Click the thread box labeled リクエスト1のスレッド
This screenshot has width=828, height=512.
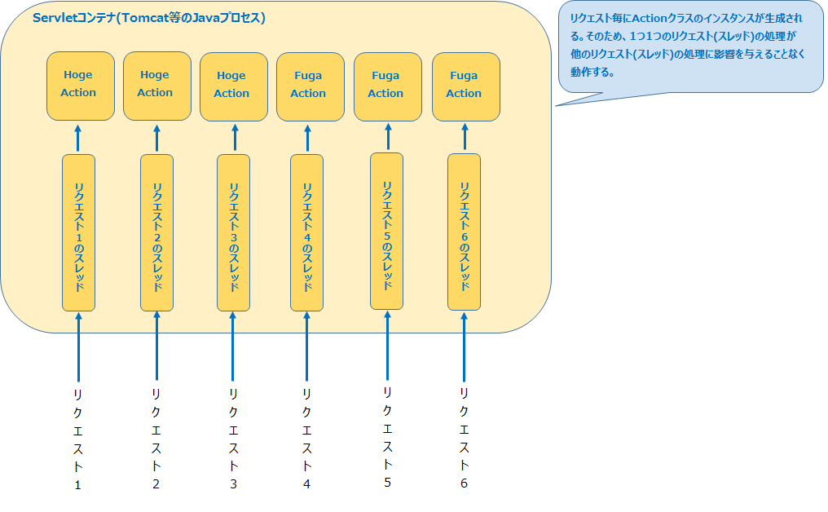pos(79,232)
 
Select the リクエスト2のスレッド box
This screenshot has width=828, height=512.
pos(156,232)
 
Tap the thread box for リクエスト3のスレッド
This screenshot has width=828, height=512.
pos(233,232)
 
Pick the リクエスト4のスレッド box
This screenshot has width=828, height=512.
pos(307,232)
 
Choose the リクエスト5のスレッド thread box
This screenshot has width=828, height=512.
pos(387,231)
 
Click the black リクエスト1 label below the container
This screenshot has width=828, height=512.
pos(78,439)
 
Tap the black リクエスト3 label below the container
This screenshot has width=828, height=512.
pos(233,439)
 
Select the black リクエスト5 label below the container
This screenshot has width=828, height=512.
pos(387,436)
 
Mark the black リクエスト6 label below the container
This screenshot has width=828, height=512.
pos(464,438)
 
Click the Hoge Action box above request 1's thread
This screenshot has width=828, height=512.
pos(80,85)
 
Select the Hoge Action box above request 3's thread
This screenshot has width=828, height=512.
pos(233,86)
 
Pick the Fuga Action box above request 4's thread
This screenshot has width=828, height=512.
pos(308,86)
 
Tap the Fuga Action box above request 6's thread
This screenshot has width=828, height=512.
pos(465,86)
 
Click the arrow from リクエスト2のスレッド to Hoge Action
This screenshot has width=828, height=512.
pos(156,138)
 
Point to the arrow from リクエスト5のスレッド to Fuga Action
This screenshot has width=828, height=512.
pos(387,137)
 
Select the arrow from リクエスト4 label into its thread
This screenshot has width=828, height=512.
pos(307,346)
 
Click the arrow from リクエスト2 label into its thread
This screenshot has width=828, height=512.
pos(156,346)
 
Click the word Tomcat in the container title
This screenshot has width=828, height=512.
pos(147,18)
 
